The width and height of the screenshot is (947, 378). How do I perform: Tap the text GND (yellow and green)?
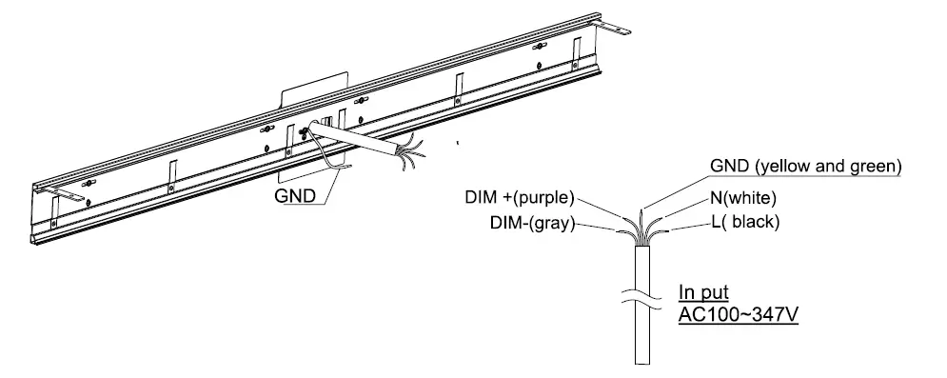point(805,167)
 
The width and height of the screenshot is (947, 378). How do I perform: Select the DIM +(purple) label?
point(518,199)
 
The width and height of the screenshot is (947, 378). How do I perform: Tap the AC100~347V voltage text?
point(739,314)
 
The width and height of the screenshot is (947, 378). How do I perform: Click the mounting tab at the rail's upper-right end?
point(617,32)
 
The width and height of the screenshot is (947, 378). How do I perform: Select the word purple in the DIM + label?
point(544,199)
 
